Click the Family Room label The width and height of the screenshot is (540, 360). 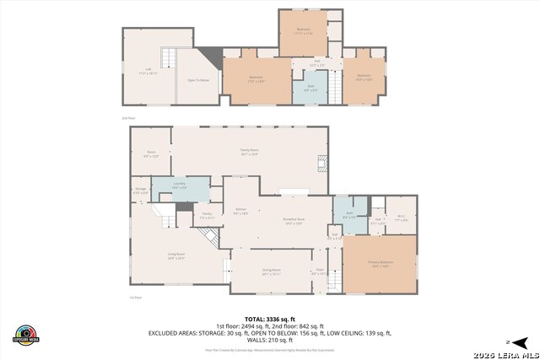click(249, 152)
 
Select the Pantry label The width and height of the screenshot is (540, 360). click(208, 217)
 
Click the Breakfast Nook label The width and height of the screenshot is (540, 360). click(294, 222)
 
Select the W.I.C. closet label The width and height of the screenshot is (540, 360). click(402, 218)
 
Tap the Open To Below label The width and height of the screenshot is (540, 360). click(197, 80)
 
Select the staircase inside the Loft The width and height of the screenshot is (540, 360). click(170, 57)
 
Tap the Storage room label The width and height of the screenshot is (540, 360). click(141, 191)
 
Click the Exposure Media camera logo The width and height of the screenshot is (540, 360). click(26, 335)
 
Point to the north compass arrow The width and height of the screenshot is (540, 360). click(521, 341)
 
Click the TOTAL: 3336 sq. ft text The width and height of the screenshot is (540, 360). click(270, 320)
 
